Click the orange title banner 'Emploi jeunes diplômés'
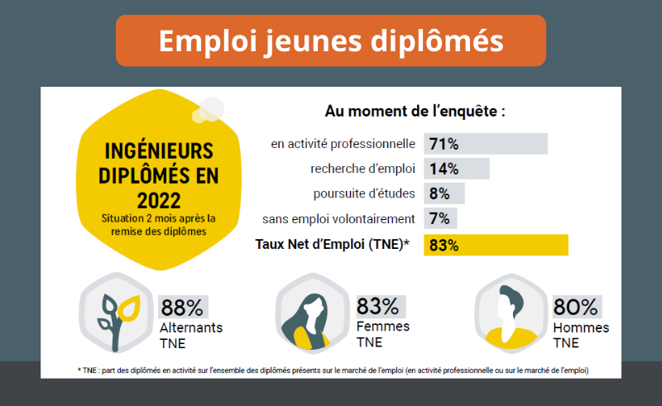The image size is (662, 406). [330, 41]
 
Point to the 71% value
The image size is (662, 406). [444, 144]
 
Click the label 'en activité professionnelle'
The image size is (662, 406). [343, 144]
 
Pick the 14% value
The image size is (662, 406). [444, 169]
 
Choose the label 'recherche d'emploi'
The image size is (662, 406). [362, 169]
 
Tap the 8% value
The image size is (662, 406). [439, 194]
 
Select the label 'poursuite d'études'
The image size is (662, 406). [364, 194]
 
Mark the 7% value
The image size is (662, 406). [439, 219]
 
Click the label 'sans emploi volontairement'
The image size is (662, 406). [338, 219]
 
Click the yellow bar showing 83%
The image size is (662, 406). [496, 245]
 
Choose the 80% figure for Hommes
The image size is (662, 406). [575, 308]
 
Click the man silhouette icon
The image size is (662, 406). [511, 313]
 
